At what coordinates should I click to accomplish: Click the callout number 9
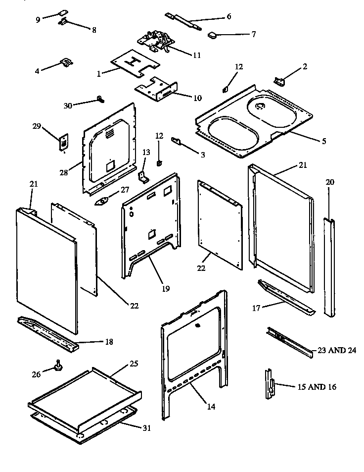pyautogui.click(x=38, y=19)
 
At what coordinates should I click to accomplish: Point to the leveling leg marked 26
pyautogui.click(x=59, y=367)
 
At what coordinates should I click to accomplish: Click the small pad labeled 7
pyautogui.click(x=213, y=35)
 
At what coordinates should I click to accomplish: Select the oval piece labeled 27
pyautogui.click(x=103, y=201)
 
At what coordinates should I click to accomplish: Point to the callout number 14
pyautogui.click(x=211, y=407)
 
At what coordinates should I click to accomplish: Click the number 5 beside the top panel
pyautogui.click(x=323, y=141)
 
